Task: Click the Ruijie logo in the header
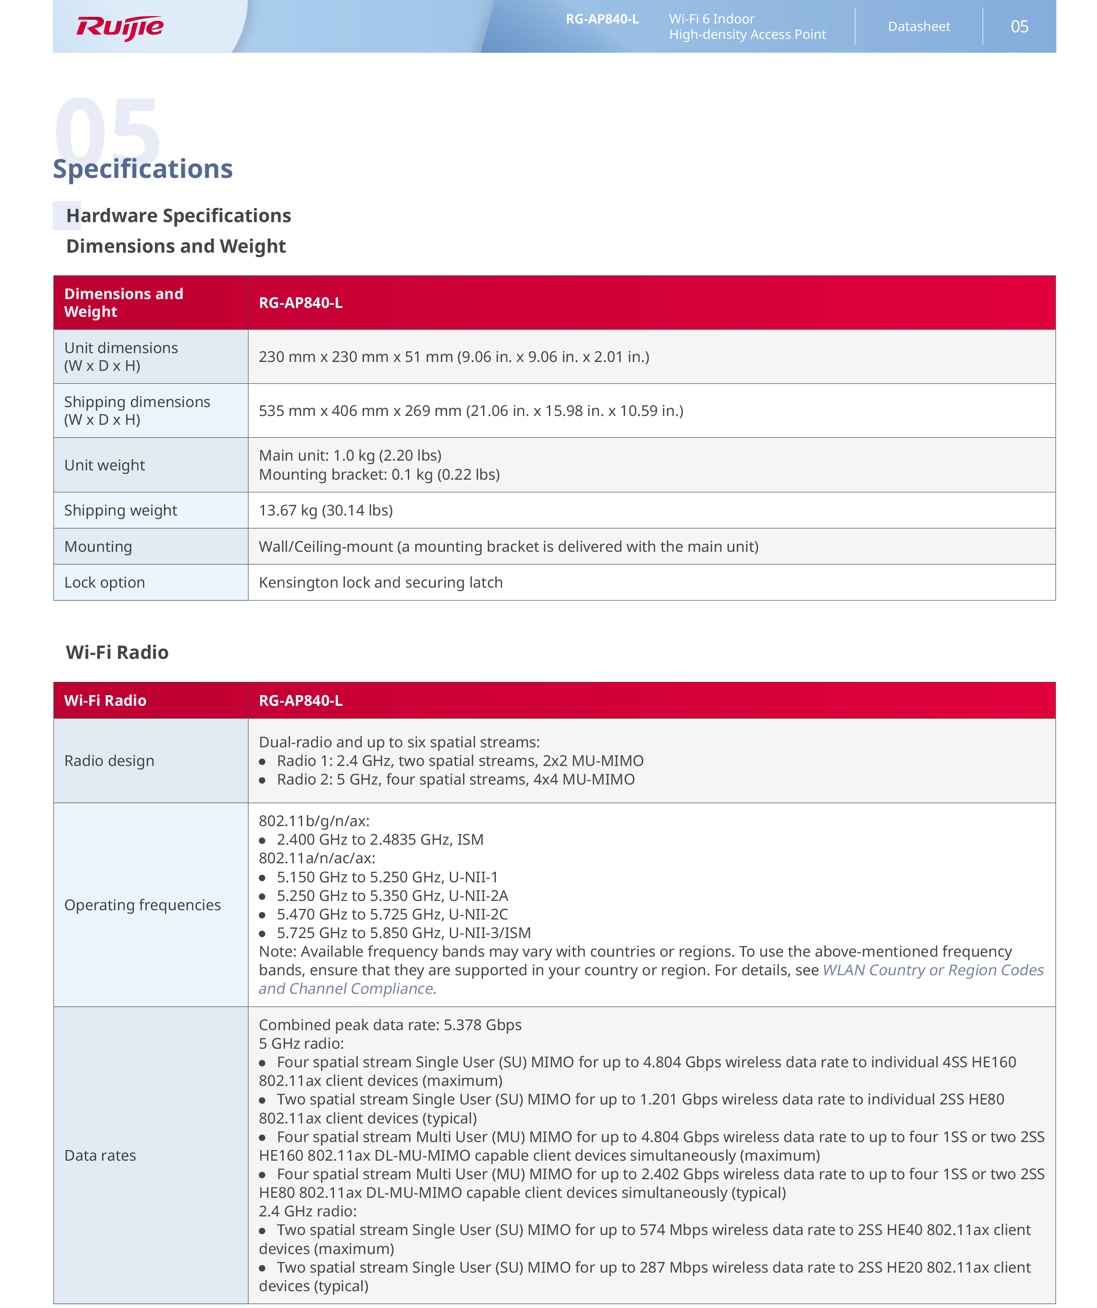coord(119,27)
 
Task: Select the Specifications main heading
coord(142,169)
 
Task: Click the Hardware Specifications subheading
coord(178,215)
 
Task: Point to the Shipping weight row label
coord(120,510)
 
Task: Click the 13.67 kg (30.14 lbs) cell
coord(326,510)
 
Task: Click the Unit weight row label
coord(104,465)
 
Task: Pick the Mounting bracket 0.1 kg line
coord(379,475)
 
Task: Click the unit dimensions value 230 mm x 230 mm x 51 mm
coord(454,357)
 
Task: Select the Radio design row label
coord(109,761)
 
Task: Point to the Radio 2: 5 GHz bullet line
coord(455,780)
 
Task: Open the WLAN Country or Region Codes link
coord(932,970)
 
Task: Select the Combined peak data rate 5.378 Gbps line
coord(390,1025)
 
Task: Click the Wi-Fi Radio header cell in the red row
coord(105,701)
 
